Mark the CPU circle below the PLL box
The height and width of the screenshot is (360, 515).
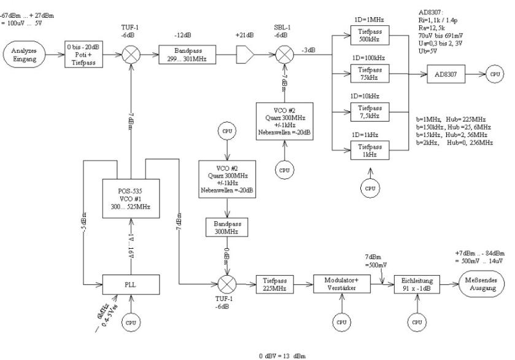click(130, 322)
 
